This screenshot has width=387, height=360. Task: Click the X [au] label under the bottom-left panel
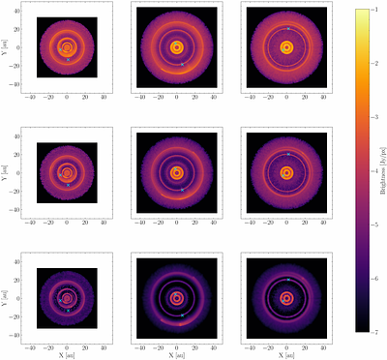(x=66, y=355)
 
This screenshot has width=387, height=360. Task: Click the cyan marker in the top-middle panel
(x=182, y=64)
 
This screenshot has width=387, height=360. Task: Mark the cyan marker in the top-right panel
(x=287, y=29)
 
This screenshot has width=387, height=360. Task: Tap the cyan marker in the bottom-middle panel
(x=182, y=315)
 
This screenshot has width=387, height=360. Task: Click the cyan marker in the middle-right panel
(x=287, y=154)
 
